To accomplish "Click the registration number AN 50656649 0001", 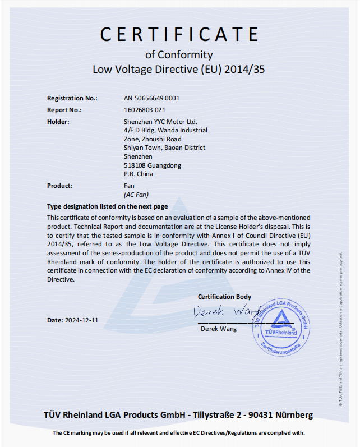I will (x=151, y=98).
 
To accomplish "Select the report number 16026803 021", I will (x=144, y=110).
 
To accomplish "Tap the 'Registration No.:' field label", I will (x=72, y=98).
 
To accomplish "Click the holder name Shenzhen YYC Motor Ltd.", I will (x=160, y=122).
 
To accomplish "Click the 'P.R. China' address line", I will (x=139, y=174).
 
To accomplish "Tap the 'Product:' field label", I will (x=60, y=186).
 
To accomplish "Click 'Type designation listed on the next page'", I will (x=107, y=206).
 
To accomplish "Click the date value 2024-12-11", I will (x=81, y=320).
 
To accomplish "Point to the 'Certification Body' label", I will (x=224, y=297).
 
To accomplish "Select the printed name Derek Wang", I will (x=219, y=329).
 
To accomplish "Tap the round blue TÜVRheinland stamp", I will (x=283, y=325).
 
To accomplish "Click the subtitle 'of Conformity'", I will (x=179, y=54).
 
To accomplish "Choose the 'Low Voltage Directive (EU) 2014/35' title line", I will (x=179, y=70).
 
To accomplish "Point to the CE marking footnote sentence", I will (x=179, y=432).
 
